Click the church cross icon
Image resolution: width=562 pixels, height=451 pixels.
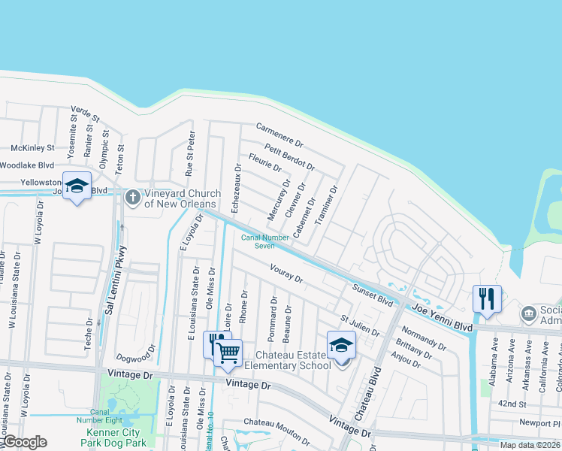pos(132,198)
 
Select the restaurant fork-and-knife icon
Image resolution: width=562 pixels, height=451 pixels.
pos(487,298)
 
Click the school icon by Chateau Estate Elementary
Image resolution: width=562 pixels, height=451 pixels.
pos(341,345)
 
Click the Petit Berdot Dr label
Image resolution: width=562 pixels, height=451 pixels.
pos(289,156)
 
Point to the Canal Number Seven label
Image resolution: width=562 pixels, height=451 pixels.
pos(264,241)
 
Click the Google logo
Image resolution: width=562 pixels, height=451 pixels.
pos(25,443)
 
